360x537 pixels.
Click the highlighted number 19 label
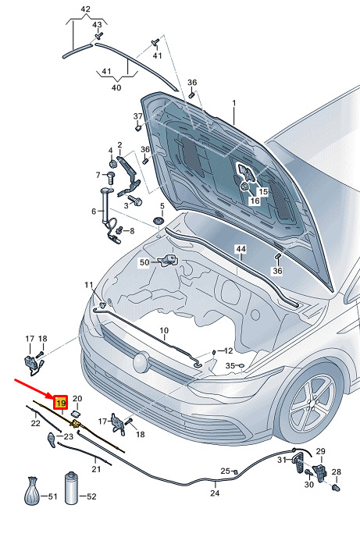click(61, 403)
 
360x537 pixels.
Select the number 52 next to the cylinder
click(91, 496)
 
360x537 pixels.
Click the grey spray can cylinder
click(72, 488)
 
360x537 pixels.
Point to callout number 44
click(241, 249)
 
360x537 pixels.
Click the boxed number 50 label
click(144, 262)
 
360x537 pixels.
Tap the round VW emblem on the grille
click(141, 362)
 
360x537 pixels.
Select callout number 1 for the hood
click(234, 103)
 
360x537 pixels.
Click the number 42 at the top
click(85, 9)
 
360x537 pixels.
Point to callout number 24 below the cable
click(215, 493)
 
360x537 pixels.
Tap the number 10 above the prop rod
click(164, 330)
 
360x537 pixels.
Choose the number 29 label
click(320, 451)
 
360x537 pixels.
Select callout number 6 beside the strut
click(94, 212)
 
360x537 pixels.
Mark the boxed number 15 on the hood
click(262, 191)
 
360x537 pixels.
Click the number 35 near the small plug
click(230, 366)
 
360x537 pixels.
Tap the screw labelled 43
click(98, 35)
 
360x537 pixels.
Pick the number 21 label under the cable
click(96, 469)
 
